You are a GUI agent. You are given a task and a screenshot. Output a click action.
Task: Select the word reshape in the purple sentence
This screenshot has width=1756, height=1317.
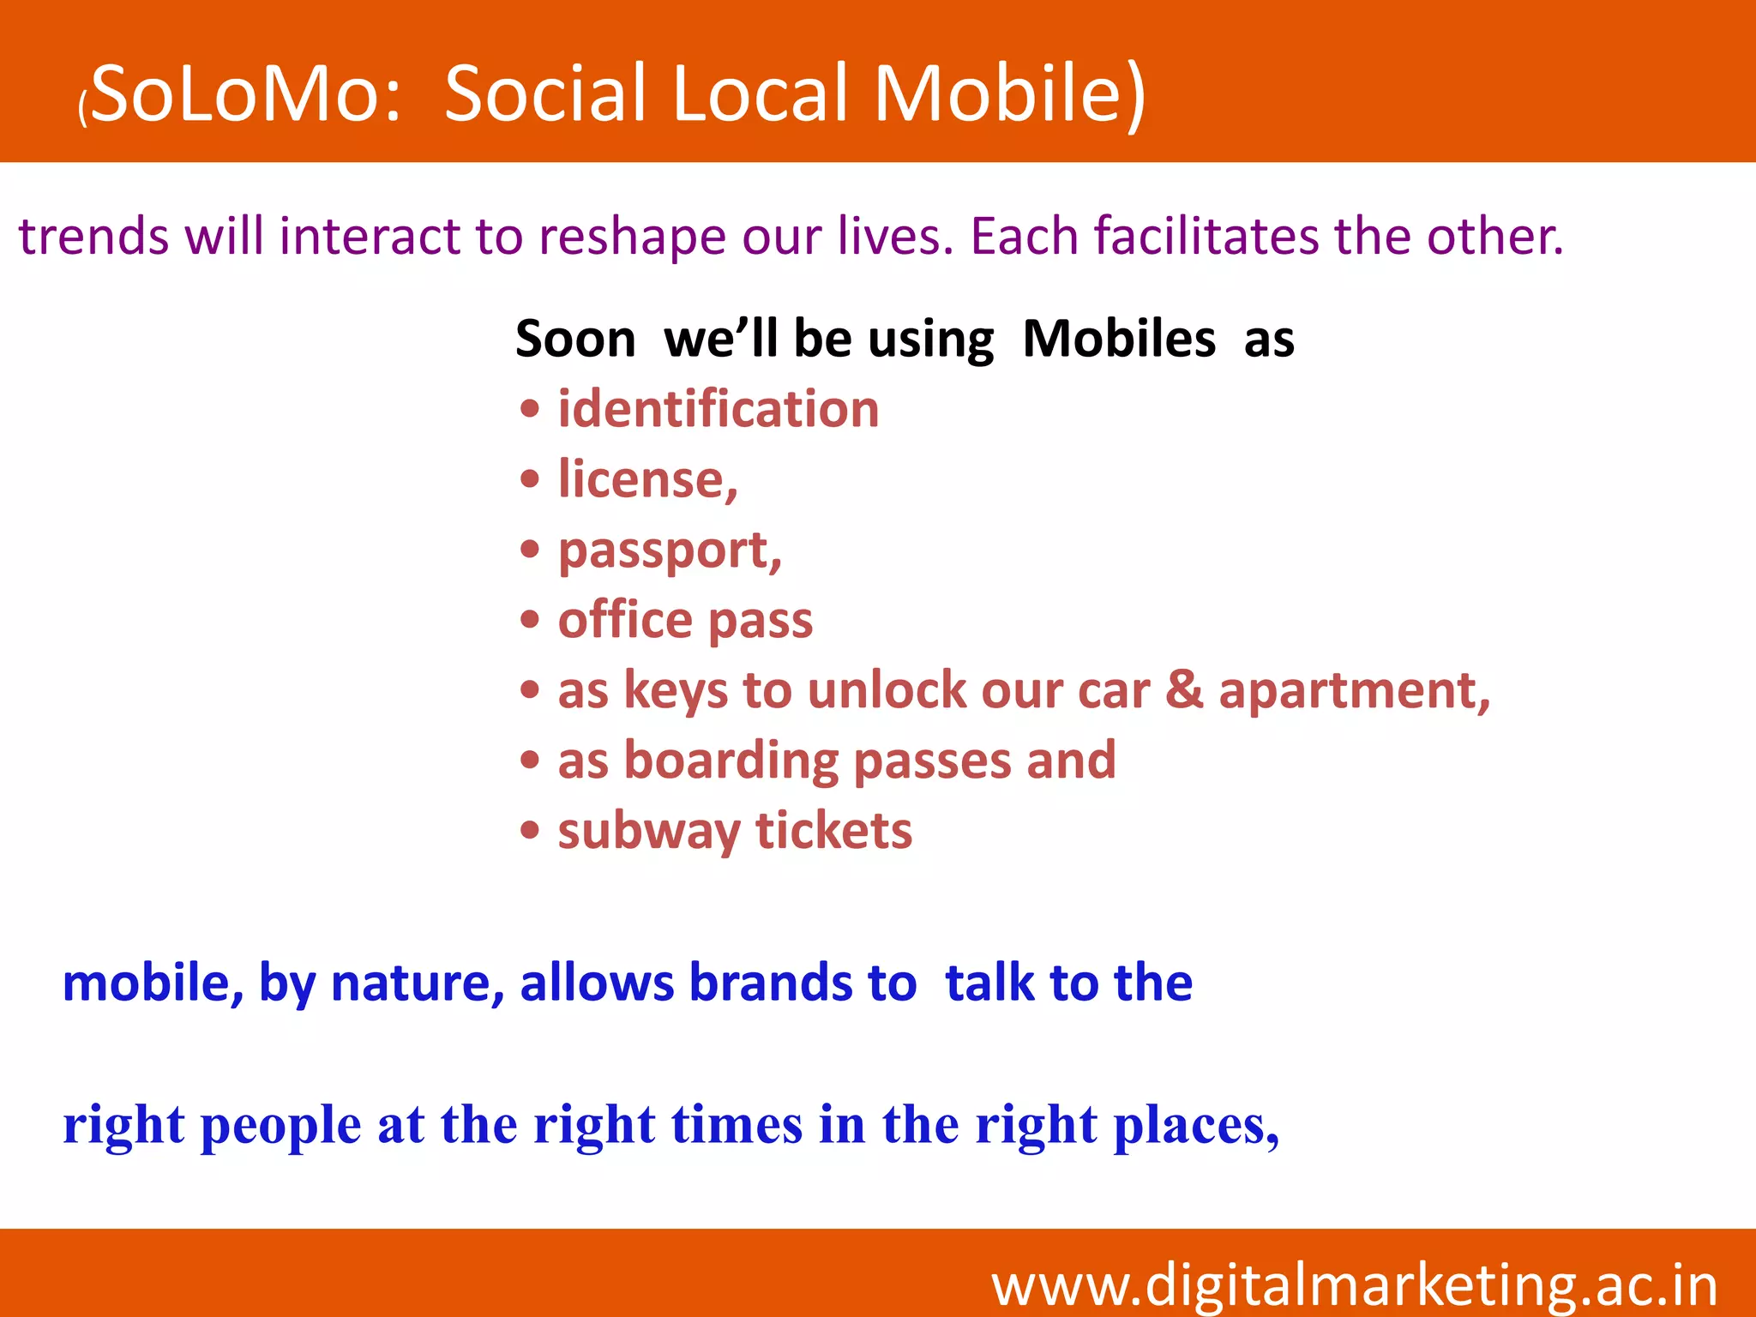coord(632,237)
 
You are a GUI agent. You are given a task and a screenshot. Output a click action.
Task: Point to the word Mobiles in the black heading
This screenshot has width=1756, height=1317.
coord(1119,339)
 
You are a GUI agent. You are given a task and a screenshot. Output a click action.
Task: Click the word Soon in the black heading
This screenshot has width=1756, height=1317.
coord(575,339)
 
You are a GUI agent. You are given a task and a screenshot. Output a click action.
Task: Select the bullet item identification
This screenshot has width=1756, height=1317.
coord(719,409)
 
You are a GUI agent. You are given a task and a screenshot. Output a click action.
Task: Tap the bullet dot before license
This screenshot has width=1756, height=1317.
coord(530,479)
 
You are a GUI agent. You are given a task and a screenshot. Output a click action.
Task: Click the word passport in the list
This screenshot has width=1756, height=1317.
coord(666,550)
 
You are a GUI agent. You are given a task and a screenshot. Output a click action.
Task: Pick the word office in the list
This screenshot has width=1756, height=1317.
coord(625,620)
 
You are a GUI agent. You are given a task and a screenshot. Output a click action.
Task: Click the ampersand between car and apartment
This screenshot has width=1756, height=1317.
coord(1184,690)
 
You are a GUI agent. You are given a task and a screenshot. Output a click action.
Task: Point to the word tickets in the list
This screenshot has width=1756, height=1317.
coord(833,831)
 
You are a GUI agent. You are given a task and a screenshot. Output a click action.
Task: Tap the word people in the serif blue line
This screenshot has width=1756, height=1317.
coord(281,1125)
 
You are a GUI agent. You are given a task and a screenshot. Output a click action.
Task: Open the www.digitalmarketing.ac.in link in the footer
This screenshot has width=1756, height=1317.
coord(1355,1284)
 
